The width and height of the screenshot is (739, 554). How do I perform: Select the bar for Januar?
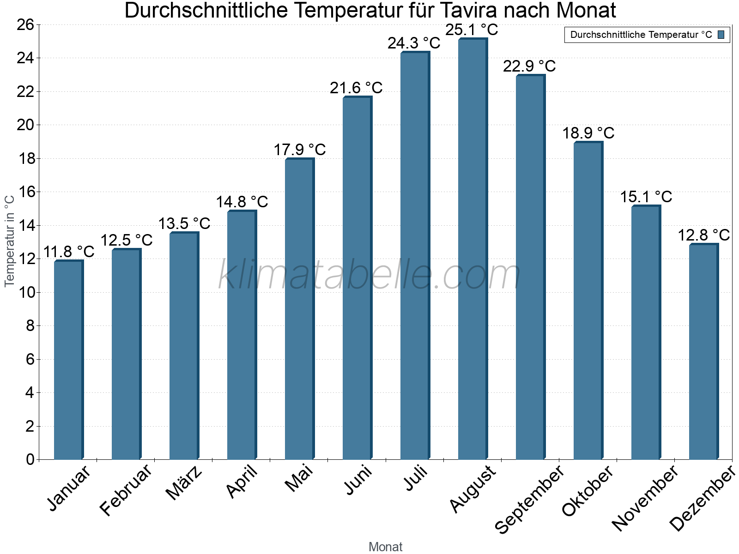point(68,360)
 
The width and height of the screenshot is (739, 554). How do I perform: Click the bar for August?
point(472,249)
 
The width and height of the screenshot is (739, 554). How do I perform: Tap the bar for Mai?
point(299,309)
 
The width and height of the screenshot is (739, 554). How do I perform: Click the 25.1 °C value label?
point(472,30)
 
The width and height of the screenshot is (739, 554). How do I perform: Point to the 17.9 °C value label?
point(300,150)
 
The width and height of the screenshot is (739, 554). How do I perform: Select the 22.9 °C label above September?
point(529,66)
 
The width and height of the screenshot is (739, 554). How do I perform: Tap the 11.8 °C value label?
point(69,252)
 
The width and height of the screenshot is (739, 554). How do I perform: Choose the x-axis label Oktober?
point(588,490)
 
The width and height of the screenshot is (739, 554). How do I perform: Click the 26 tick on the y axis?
point(26,25)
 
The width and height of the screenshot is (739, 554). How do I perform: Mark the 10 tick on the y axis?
point(26,292)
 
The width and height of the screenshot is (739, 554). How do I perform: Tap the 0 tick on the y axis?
point(30,459)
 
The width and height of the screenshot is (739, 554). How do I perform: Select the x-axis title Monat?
point(386,547)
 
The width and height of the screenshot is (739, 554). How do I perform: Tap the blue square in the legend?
point(721,35)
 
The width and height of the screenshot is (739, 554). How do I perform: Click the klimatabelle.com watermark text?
point(369,275)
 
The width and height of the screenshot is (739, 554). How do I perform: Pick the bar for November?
point(646,332)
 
